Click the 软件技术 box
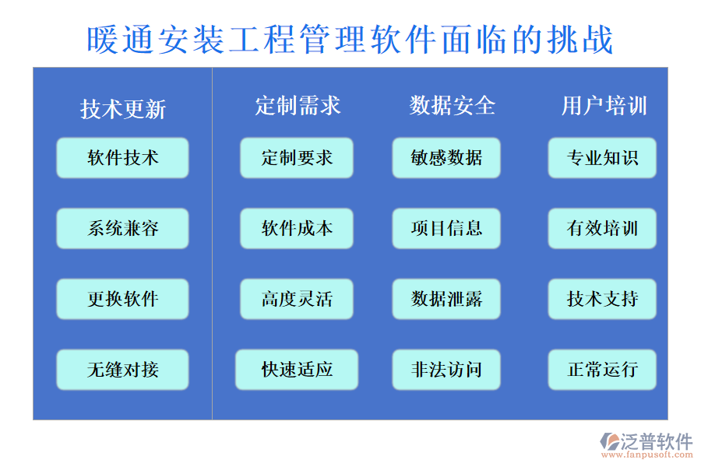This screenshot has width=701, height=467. click(122, 158)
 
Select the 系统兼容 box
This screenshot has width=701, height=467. click(122, 228)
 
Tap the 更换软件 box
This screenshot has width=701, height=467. click(122, 299)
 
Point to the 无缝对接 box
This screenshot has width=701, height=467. click(122, 370)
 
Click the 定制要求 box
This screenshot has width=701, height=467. click(297, 158)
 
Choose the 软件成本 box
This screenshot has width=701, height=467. click(297, 228)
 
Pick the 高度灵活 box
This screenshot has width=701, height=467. click(297, 299)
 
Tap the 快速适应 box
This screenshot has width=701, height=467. click(297, 370)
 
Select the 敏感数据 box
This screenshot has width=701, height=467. click(446, 158)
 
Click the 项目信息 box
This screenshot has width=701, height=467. click(446, 228)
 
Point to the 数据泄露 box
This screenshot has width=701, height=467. click(446, 299)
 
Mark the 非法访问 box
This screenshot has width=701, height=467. click(446, 370)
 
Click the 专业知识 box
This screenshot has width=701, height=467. click(602, 158)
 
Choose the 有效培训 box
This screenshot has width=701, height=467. click(602, 228)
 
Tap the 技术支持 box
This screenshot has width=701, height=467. click(602, 299)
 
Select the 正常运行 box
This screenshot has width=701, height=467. click(602, 370)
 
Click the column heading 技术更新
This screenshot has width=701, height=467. click(123, 109)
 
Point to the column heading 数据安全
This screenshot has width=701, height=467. click(453, 105)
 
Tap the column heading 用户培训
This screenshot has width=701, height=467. click(604, 105)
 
